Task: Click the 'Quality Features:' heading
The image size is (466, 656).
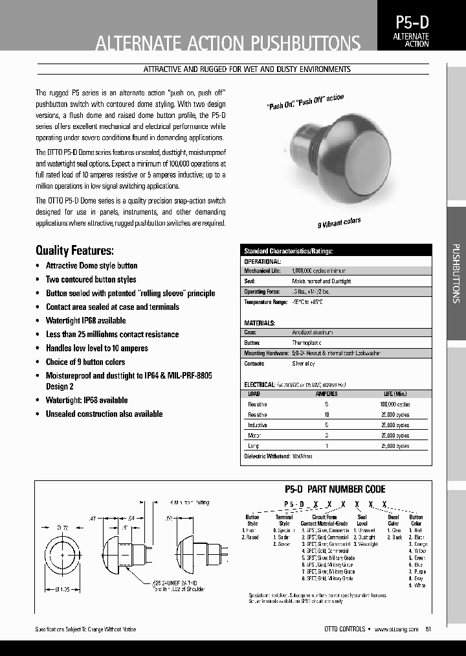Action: click(74, 250)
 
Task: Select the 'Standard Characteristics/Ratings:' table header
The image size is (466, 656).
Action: click(288, 250)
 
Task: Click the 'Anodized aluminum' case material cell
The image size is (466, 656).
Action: click(313, 332)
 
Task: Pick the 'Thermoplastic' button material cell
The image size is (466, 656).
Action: click(307, 342)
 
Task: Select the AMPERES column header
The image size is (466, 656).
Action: click(326, 393)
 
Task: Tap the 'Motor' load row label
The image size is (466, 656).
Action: click(254, 436)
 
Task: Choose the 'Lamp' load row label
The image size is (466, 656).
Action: click(253, 446)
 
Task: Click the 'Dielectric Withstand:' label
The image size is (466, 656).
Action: click(265, 456)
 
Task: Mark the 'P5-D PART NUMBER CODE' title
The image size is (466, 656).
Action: click(335, 489)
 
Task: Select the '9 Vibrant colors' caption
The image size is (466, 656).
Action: click(338, 223)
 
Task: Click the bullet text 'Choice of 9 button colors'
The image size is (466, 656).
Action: click(85, 362)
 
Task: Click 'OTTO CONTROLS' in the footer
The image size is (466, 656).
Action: click(344, 629)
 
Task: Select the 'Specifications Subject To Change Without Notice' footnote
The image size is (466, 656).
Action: click(85, 629)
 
